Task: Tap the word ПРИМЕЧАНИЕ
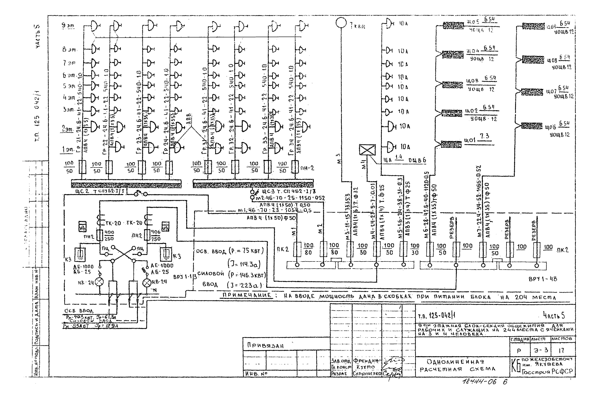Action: (247, 295)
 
